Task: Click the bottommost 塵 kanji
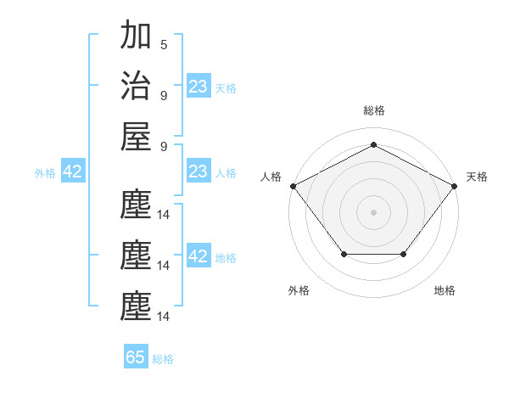click(x=136, y=306)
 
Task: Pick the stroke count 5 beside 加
click(x=164, y=45)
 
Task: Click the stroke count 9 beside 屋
click(x=164, y=146)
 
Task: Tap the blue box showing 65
click(x=136, y=357)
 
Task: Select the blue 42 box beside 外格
click(x=73, y=171)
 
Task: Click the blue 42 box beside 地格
click(x=199, y=256)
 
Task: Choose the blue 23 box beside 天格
click(x=199, y=87)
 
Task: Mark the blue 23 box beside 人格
click(x=199, y=171)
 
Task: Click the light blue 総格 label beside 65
click(x=163, y=359)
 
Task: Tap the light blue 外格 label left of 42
click(x=45, y=173)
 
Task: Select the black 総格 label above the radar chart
click(x=373, y=110)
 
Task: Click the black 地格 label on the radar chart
click(x=445, y=290)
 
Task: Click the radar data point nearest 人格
click(x=293, y=185)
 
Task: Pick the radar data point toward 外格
click(x=344, y=254)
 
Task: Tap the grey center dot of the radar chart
click(x=373, y=211)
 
